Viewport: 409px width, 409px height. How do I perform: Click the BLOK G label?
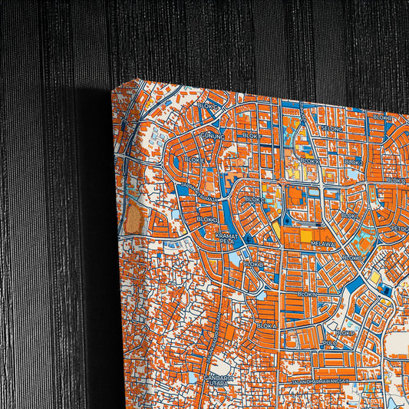[207, 106]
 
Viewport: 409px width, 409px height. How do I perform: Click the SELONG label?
[331, 128]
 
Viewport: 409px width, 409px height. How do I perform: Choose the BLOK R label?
[381, 117]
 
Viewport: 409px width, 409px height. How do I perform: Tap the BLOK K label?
[310, 161]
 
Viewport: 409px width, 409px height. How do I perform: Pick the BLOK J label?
[354, 162]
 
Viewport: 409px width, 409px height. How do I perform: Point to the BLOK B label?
[253, 264]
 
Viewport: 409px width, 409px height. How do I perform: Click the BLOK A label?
[266, 325]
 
